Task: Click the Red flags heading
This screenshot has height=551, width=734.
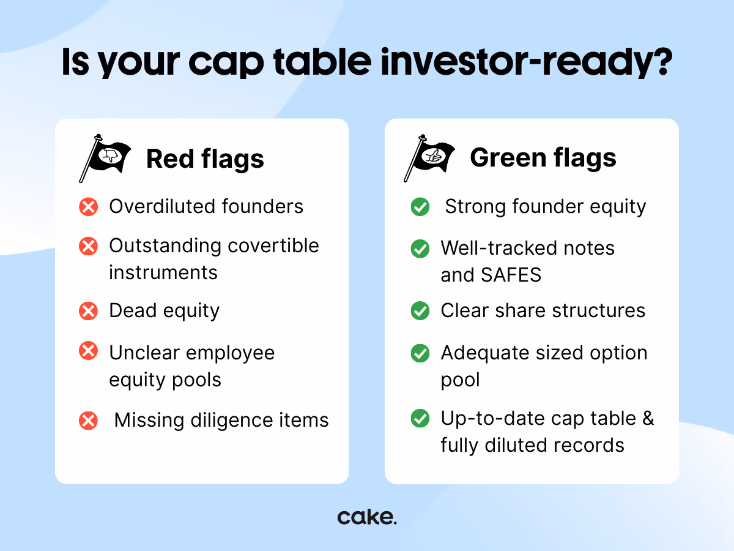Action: tap(205, 159)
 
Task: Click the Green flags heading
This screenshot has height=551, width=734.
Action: tap(543, 158)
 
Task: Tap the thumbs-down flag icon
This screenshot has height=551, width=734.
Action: tap(105, 158)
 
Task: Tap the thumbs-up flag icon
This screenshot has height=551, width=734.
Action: tap(429, 158)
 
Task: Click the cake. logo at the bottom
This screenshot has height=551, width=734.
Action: tap(367, 517)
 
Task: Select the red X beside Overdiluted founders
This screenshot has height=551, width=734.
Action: tap(88, 207)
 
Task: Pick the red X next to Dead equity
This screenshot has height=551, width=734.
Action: tap(88, 311)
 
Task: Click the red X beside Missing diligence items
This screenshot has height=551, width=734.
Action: tap(88, 421)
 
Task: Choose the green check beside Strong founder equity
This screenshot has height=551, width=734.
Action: tap(420, 207)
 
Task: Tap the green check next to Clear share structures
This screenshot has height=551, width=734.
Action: tap(420, 311)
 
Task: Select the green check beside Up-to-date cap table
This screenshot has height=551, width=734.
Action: tap(420, 418)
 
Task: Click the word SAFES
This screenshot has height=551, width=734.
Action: tap(511, 275)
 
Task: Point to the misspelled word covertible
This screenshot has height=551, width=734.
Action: tap(273, 246)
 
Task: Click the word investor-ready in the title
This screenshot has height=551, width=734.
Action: tap(527, 63)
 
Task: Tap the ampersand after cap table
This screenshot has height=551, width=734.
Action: tap(648, 418)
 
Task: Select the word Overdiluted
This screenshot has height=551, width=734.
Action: tap(163, 206)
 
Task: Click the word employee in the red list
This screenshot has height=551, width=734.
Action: tap(231, 354)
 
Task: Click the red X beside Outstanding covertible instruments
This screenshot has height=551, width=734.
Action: tap(88, 246)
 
